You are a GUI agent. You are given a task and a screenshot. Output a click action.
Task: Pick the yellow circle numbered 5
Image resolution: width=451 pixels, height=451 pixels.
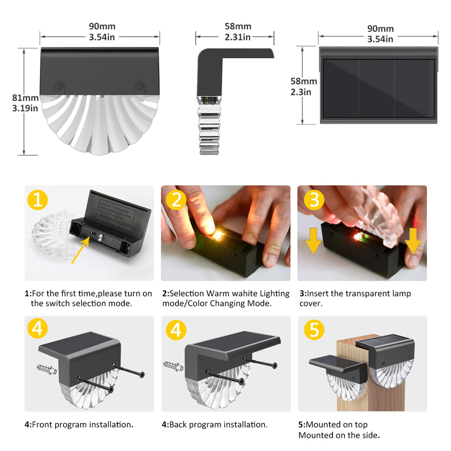click(x=314, y=330)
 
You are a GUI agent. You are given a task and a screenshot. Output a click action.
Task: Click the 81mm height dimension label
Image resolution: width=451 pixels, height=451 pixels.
click(x=25, y=98)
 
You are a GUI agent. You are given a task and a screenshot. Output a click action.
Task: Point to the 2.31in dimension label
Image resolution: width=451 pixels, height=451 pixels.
click(x=238, y=37)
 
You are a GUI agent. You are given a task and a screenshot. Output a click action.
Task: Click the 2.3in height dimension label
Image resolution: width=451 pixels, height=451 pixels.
click(x=301, y=92)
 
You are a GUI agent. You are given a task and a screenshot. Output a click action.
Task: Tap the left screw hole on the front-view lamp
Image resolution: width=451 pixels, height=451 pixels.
click(x=60, y=86)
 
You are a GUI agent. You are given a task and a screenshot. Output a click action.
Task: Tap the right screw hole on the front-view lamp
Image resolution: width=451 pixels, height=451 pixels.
click(x=140, y=86)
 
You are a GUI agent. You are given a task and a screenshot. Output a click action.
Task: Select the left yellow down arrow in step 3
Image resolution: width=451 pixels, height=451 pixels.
click(x=313, y=241)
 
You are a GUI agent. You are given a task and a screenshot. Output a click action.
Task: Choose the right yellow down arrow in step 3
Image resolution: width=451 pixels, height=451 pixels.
click(x=413, y=241)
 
